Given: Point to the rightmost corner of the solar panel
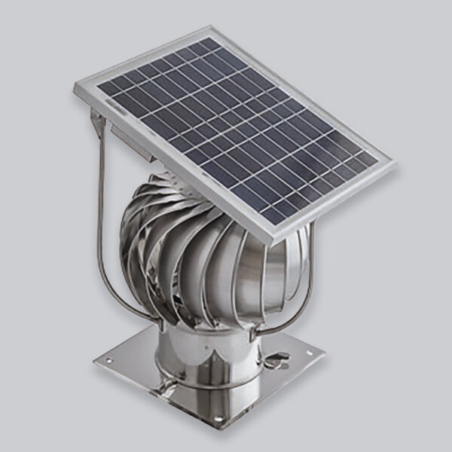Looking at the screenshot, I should pyautogui.click(x=392, y=161).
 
